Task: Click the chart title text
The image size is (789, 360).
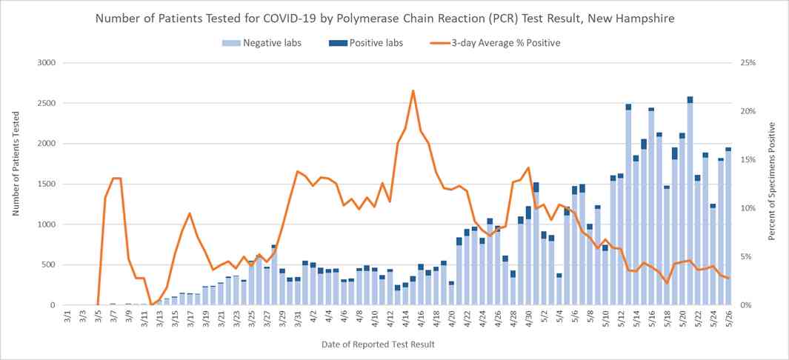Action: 394,17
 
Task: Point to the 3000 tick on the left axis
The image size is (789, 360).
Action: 46,63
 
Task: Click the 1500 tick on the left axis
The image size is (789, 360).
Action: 46,184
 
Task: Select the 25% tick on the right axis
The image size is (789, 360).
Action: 746,63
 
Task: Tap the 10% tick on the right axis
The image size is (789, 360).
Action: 746,208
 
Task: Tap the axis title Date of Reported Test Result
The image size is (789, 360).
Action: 378,344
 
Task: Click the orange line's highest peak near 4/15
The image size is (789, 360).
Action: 413,90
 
